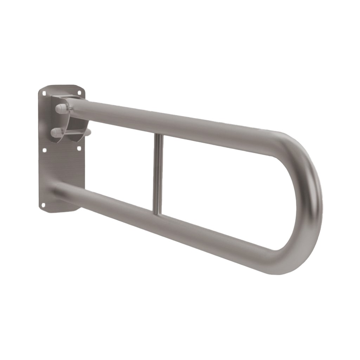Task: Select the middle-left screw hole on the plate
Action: pos(44,150)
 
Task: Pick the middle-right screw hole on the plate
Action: pos(79,149)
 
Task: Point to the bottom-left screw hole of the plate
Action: pos(43,205)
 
